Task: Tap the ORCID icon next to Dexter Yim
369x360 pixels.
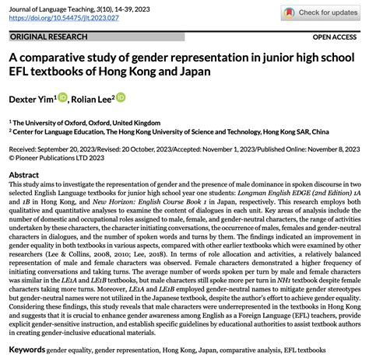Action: click(x=62, y=98)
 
